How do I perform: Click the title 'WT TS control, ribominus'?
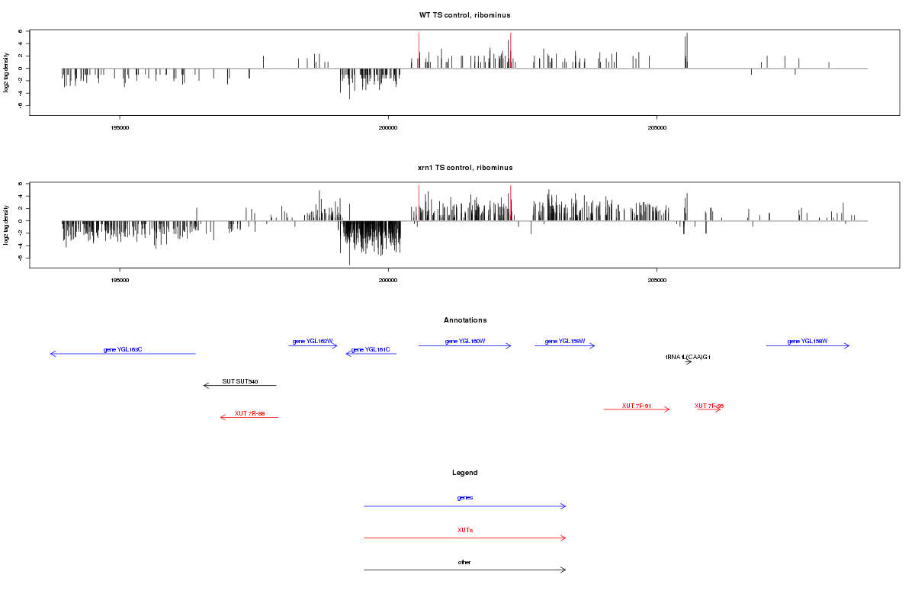464,15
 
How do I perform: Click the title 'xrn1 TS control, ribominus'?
464,168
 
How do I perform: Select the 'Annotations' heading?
464,320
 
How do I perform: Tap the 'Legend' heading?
464,473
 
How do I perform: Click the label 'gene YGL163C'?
123,350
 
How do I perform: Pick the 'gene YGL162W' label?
313,342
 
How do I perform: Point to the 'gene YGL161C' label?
371,350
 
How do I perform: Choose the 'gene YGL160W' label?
465,342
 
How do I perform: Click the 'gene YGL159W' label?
565,342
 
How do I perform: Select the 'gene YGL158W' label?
807,342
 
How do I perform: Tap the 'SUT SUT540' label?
239,381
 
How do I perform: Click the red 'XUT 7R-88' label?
249,413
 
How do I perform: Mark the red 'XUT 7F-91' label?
636,406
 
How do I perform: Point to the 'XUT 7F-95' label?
709,406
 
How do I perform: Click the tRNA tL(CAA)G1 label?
688,357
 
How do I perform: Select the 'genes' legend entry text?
464,498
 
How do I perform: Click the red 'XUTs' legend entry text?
464,530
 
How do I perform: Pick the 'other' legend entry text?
464,562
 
